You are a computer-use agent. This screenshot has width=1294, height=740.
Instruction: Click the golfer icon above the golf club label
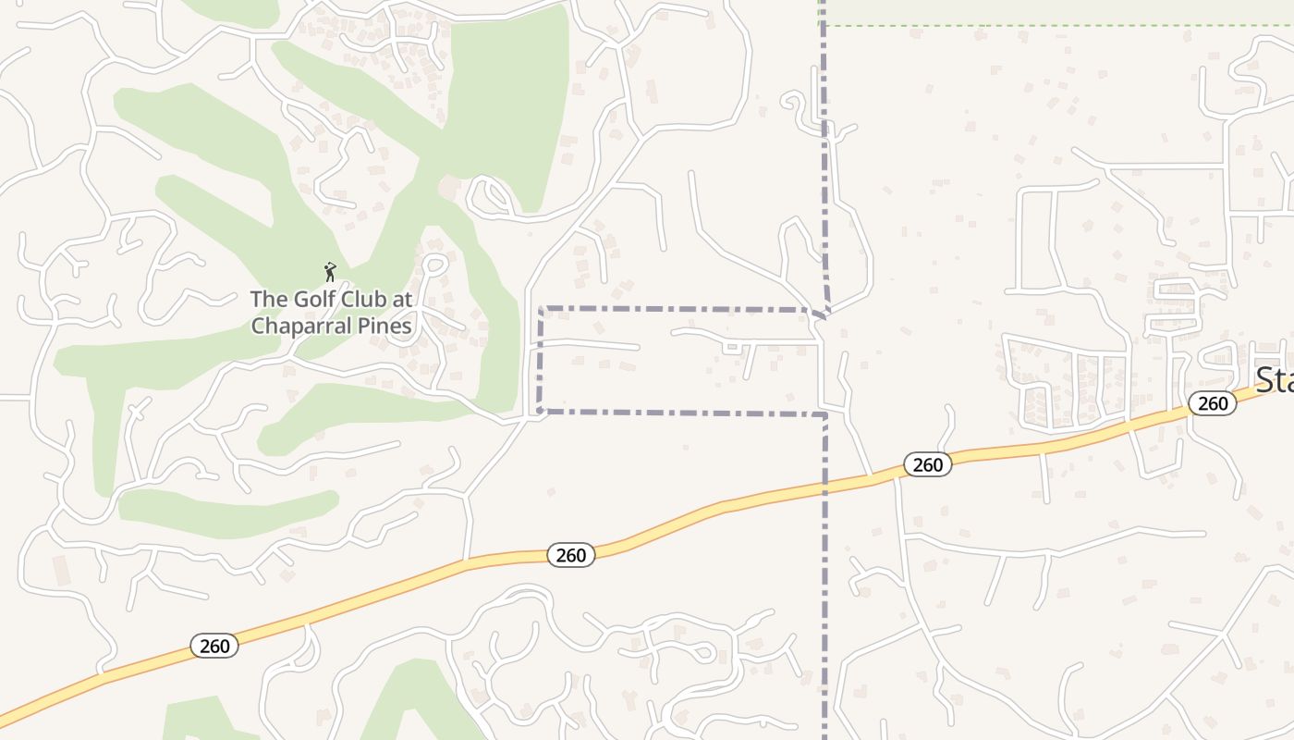330,272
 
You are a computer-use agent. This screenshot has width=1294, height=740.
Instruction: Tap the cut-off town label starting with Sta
1275,380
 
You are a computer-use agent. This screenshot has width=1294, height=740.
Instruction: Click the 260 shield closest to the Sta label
1213,403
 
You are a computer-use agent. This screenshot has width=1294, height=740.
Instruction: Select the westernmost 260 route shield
214,646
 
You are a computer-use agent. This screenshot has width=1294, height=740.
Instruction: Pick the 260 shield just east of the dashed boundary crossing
927,464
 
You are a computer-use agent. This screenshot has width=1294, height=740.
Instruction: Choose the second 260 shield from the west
571,555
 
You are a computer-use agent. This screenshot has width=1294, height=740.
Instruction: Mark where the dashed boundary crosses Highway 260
824,485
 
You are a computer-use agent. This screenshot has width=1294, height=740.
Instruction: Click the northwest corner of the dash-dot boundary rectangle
540,309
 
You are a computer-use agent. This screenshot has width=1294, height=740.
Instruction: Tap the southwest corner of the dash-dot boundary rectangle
540,410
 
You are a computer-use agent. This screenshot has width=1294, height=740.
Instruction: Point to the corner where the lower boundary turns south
824,414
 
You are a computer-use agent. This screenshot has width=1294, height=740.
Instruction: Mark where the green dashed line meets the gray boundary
823,25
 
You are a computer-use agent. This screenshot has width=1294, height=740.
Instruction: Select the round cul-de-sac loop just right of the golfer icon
435,265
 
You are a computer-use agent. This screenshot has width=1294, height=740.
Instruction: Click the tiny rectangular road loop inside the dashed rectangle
732,348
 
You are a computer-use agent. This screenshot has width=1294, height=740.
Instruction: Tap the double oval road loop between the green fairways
489,196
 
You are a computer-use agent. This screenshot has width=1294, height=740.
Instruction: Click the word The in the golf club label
270,300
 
